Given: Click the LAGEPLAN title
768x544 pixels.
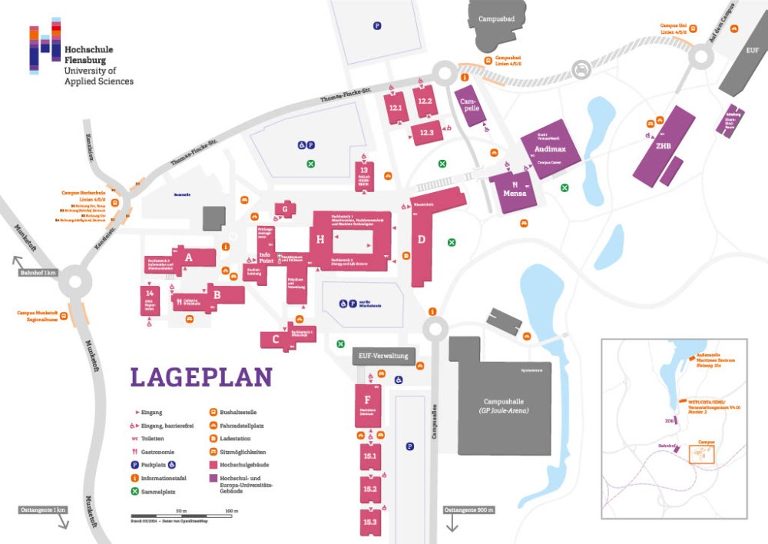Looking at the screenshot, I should (x=201, y=377).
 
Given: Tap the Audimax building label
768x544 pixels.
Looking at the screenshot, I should (x=551, y=151).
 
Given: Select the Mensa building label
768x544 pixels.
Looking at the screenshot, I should (x=514, y=193).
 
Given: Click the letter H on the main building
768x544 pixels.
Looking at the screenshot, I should (x=321, y=239).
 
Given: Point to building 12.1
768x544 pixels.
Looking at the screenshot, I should (x=396, y=108).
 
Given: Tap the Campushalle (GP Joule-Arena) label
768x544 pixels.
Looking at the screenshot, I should (x=505, y=406).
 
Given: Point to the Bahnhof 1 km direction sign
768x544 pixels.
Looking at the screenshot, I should (x=38, y=273).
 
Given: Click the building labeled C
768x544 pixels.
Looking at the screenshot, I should (x=275, y=338).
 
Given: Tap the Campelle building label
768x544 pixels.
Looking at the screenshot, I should (x=469, y=104).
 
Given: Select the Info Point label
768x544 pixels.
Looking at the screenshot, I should (x=266, y=257).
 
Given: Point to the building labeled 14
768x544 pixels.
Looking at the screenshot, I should (x=150, y=294).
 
